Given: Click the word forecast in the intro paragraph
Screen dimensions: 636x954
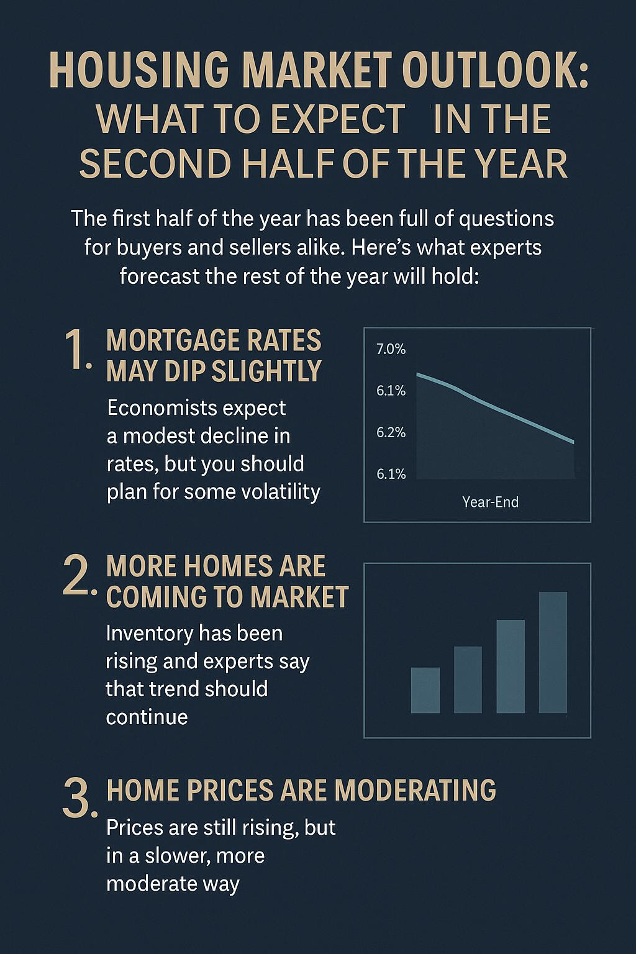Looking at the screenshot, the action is tap(158, 276).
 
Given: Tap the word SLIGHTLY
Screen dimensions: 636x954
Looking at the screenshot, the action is tap(266, 371).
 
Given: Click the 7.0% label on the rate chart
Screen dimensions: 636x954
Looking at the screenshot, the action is tap(391, 350).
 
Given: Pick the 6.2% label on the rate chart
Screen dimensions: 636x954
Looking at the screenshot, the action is tap(391, 433).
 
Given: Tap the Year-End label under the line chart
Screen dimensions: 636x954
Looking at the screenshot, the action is tap(490, 502).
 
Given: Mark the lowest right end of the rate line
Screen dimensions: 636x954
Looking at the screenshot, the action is tap(574, 442).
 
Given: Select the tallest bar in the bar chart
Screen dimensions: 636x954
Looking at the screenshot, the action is tap(553, 652).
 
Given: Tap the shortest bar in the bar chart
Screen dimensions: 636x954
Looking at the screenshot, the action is tap(425, 690).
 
